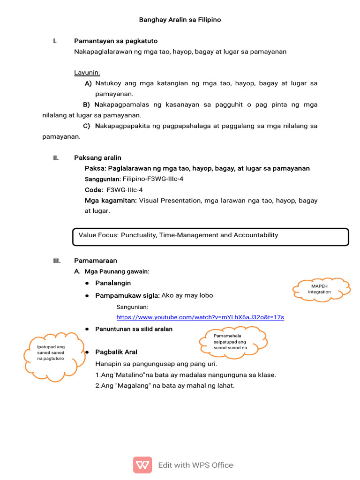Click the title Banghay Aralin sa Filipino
pyautogui.click(x=180, y=20)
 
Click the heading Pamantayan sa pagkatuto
pyautogui.click(x=116, y=41)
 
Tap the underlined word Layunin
pyautogui.click(x=87, y=73)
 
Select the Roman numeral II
pyautogui.click(x=56, y=157)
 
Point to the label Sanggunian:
pyautogui.click(x=103, y=179)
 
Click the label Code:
pyautogui.click(x=94, y=190)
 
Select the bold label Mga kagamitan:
pyautogui.click(x=111, y=201)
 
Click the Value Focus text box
pyautogui.click(x=210, y=237)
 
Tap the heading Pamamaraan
pyautogui.click(x=96, y=261)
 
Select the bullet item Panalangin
pyautogui.click(x=113, y=283)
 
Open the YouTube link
pyautogui.click(x=200, y=317)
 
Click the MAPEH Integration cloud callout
pyautogui.click(x=321, y=289)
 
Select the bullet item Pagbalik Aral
pyautogui.click(x=116, y=352)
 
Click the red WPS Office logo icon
pyautogui.click(x=142, y=465)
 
